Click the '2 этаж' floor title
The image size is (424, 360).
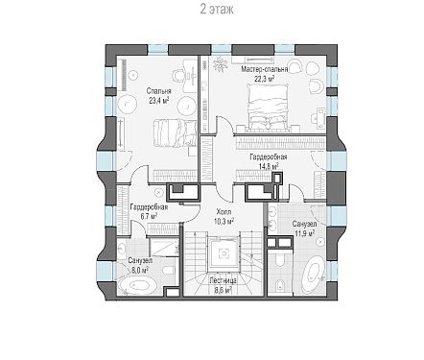click(217, 10)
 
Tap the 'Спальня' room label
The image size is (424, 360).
click(158, 91)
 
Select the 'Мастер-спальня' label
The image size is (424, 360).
click(265, 69)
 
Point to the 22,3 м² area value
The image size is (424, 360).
click(265, 79)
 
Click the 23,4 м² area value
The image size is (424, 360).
click(158, 101)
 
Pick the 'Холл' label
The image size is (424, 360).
click(224, 211)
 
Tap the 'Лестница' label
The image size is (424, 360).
click(224, 280)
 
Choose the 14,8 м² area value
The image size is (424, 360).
click(269, 166)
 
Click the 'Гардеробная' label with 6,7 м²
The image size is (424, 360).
click(149, 207)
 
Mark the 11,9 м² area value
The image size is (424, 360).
click(304, 233)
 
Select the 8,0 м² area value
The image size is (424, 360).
click(140, 270)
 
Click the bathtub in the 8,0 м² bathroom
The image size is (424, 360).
click(138, 285)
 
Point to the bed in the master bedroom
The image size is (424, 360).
click(268, 107)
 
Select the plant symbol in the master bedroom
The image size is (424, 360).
click(221, 65)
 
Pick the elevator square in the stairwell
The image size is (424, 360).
click(224, 253)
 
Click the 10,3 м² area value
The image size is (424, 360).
click(224, 221)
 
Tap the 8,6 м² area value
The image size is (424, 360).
click(224, 290)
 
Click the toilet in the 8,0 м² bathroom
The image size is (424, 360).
click(169, 271)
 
